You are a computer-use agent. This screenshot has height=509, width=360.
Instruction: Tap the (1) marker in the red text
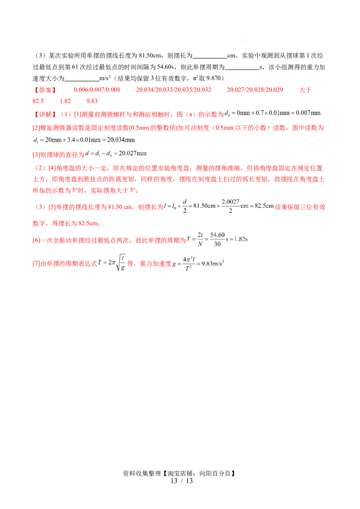(x=64, y=114)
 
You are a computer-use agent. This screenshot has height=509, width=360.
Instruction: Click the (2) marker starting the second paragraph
(x=40, y=168)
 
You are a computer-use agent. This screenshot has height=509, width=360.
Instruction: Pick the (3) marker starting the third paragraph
(x=40, y=207)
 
